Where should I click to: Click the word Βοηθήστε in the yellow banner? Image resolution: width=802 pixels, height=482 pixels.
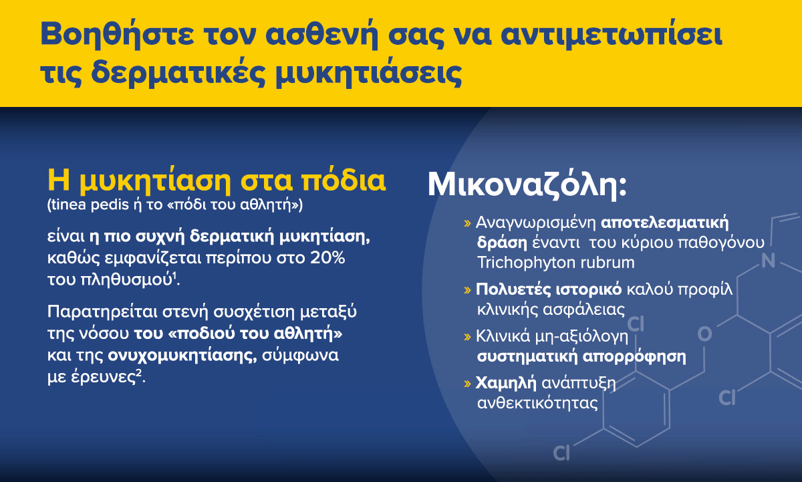(x=117, y=33)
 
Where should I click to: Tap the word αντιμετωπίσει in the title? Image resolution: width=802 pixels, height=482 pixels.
(x=611, y=33)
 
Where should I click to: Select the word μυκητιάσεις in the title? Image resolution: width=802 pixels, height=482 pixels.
(x=368, y=74)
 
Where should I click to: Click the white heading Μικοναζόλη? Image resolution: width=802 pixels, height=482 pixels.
(x=527, y=185)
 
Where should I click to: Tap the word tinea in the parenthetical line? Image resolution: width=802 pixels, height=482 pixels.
(x=68, y=205)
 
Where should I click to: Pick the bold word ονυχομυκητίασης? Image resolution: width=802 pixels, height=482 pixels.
(x=182, y=355)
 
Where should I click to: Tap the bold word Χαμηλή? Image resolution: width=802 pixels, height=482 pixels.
(x=506, y=383)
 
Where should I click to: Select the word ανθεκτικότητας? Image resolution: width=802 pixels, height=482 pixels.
(x=537, y=403)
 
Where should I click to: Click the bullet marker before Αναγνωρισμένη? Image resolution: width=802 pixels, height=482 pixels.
(x=467, y=223)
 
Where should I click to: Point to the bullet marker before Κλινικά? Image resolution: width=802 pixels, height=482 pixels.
(x=467, y=337)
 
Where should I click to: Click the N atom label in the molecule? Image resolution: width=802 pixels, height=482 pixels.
(x=768, y=260)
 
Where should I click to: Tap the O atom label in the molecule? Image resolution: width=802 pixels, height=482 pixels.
(x=704, y=334)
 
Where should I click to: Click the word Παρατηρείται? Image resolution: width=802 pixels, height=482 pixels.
(x=102, y=312)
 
